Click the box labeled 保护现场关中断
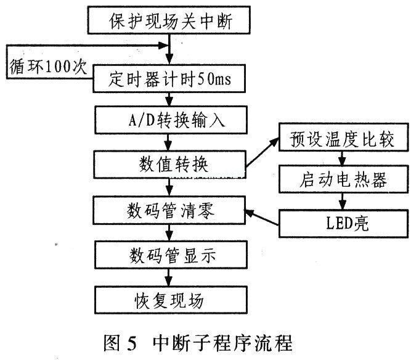169,20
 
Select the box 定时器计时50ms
169,78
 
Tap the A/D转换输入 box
171,120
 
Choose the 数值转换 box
169,164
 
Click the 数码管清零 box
169,210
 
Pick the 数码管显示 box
171,255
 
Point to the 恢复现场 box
171,300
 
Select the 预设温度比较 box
344,137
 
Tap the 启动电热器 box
344,179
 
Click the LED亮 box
344,223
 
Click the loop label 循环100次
48,67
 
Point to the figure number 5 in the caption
132,343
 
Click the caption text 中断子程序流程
222,343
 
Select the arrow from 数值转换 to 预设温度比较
262,153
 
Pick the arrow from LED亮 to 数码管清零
262,217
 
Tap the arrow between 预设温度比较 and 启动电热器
343,158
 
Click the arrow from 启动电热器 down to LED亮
343,201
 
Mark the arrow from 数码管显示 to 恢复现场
168,277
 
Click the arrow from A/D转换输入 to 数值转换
168,142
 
